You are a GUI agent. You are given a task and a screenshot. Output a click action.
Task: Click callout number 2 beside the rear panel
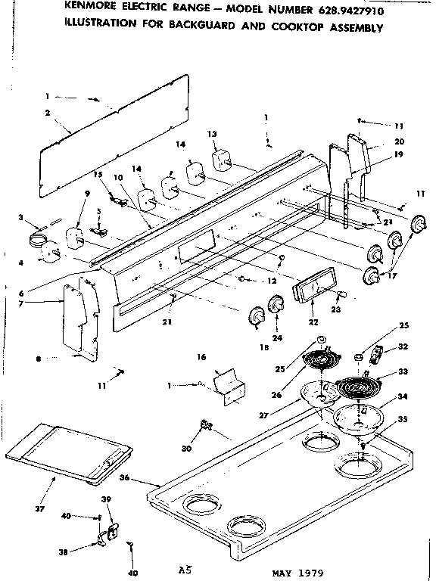47,113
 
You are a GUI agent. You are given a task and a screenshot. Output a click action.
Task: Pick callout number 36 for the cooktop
145,477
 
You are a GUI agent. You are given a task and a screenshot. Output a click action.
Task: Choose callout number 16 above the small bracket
201,356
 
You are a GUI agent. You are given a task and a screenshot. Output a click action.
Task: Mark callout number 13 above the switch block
213,133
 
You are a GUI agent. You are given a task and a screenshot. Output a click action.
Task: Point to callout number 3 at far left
20,218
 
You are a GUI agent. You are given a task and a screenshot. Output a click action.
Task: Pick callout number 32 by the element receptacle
403,346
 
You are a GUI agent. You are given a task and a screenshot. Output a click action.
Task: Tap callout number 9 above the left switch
87,194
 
